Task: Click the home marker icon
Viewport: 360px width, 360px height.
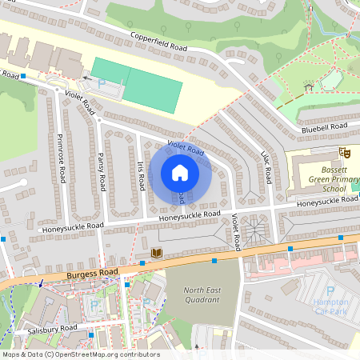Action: coord(180,173)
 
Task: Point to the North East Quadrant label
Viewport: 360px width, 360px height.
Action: coord(201,295)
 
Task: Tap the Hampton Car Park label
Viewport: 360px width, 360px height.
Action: coord(330,306)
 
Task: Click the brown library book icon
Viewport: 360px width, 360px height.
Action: coord(157,254)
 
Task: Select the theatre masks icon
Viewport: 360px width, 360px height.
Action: coord(345,151)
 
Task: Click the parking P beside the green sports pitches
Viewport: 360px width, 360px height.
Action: coord(101,83)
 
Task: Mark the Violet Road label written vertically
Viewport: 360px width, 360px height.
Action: coord(236,230)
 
